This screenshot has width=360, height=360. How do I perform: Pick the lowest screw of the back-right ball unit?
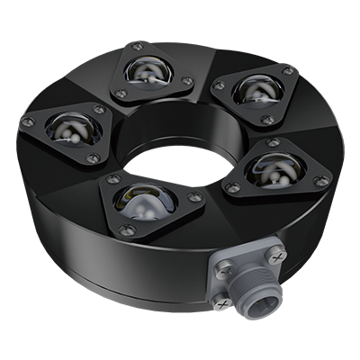tap(267, 119)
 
